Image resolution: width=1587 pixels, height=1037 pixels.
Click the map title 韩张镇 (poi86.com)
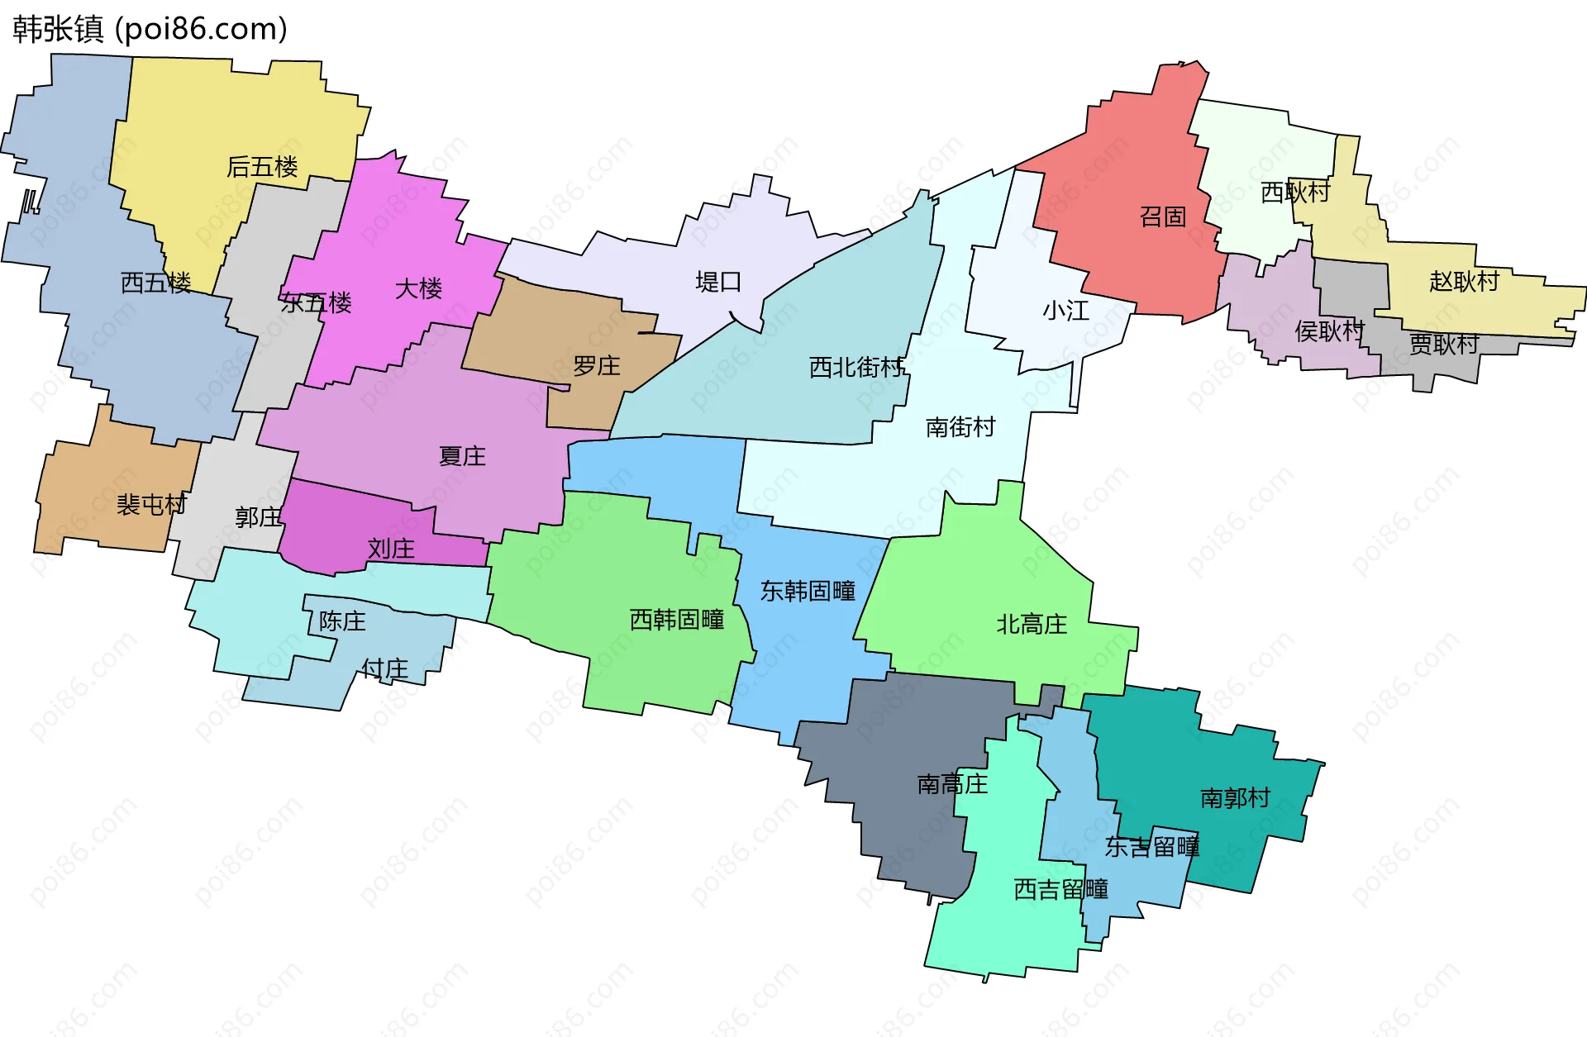150,29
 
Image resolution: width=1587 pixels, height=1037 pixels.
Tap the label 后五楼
262,167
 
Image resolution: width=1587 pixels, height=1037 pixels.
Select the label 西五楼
155,283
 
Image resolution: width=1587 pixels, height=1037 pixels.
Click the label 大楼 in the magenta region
418,289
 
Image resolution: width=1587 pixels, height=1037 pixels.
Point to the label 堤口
718,283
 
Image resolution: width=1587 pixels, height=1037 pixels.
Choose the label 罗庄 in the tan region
596,366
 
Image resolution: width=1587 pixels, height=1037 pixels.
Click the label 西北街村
856,367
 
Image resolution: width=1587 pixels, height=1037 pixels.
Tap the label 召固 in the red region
1162,217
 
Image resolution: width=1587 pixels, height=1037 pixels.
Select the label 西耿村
1294,193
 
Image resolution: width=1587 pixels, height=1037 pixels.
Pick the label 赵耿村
1464,282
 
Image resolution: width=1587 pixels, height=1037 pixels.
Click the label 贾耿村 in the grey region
1443,344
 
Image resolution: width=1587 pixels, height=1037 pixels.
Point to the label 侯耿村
1328,331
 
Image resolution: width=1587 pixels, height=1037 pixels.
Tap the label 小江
1065,312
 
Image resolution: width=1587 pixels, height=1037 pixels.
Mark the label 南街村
960,427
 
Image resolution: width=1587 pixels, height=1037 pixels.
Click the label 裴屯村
151,505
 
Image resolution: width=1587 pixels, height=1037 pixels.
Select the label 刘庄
391,549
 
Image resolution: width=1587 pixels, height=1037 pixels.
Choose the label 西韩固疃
677,620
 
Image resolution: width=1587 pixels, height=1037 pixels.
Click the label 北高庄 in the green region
1032,624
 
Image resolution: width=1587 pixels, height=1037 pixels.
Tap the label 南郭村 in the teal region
1235,798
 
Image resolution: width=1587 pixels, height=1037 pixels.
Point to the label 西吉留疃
1060,890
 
